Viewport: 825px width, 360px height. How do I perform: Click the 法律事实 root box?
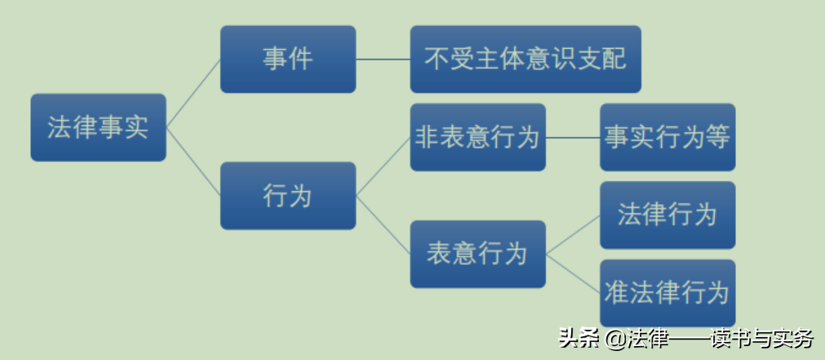pos(98,127)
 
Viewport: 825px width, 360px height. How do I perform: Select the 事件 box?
pos(288,59)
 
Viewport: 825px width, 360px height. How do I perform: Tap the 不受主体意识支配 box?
pos(526,59)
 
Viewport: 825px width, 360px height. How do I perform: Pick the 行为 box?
pos(288,196)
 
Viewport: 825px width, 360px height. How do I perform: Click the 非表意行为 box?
pos(477,137)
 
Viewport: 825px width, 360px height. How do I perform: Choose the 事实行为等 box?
pos(668,137)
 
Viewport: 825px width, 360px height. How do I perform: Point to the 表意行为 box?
pos(477,254)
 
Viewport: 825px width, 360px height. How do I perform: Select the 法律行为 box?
pos(668,215)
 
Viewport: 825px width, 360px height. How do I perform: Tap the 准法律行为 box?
pos(668,293)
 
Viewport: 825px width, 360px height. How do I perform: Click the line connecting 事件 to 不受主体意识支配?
pos(383,59)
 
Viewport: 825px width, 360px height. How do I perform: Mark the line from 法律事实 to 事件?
pos(193,93)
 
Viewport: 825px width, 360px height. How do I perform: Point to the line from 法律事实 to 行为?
pos(193,162)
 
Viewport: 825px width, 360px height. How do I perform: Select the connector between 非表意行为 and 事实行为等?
pos(573,137)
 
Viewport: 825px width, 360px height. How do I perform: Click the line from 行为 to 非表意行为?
pos(383,167)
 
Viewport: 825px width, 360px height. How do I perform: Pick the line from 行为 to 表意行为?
pos(383,224)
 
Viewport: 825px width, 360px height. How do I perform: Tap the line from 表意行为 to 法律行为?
pos(573,234)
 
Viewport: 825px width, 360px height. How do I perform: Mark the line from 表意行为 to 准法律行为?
pos(573,273)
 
